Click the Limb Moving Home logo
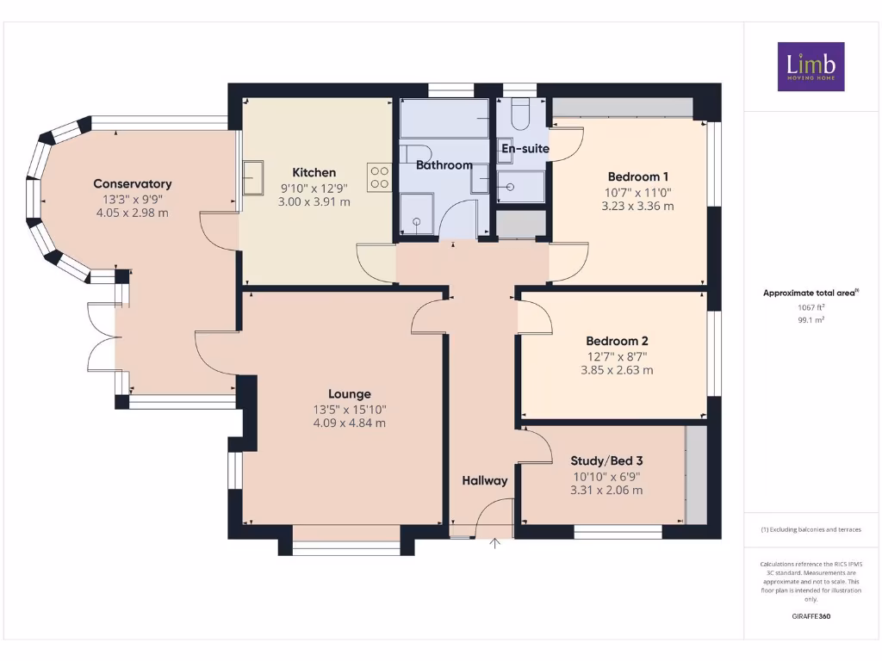click(811, 66)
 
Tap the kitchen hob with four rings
click(379, 177)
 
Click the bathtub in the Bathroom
click(444, 119)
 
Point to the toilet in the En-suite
click(519, 112)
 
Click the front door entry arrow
click(495, 543)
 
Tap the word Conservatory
click(133, 183)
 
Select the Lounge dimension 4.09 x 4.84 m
click(349, 423)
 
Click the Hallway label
click(485, 480)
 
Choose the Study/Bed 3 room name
click(606, 460)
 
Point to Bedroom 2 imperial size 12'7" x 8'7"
click(617, 355)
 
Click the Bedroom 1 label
click(637, 176)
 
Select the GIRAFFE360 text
click(811, 616)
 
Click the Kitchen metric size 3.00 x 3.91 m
click(314, 202)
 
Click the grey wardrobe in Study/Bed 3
click(696, 474)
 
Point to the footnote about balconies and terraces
click(811, 529)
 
